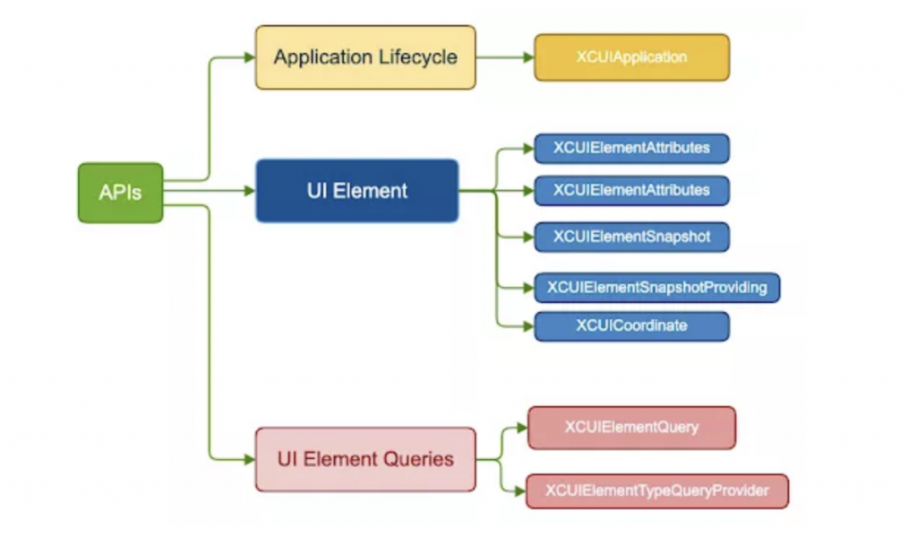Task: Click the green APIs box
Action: (120, 193)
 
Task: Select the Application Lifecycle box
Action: (365, 57)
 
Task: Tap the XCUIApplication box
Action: (631, 57)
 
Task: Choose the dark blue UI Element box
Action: (356, 190)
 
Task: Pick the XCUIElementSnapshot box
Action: (631, 237)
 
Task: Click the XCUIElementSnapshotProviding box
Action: (656, 288)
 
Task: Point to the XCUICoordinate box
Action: (631, 325)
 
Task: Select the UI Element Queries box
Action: (365, 459)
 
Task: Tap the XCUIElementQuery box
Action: (631, 428)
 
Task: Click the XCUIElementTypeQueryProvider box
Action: (656, 490)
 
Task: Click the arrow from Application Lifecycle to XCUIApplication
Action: (505, 57)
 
